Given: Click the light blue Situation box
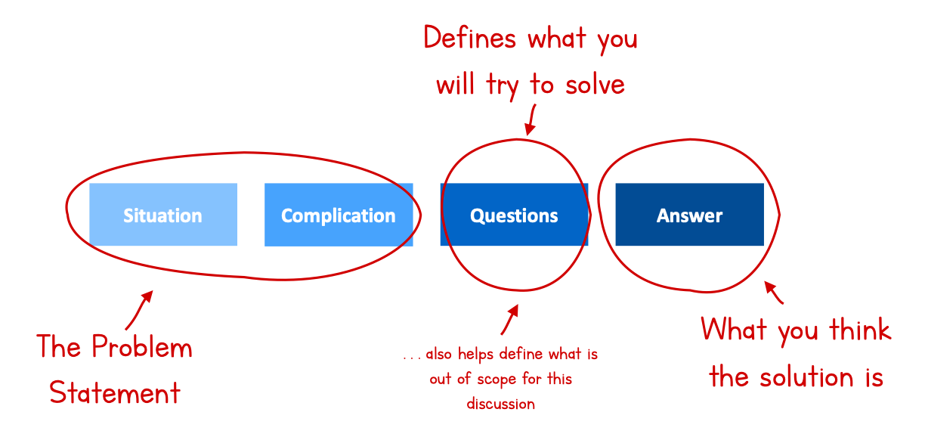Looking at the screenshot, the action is click(x=163, y=215).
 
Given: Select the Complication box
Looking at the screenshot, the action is click(x=339, y=215).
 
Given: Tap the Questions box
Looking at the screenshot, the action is click(x=514, y=215).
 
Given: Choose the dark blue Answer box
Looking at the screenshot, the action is click(x=690, y=215).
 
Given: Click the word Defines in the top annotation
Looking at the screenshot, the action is click(x=470, y=38).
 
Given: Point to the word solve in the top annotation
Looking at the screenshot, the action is click(x=595, y=85).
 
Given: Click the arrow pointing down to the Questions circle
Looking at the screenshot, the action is click(x=531, y=119).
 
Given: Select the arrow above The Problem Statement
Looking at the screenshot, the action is click(x=139, y=311).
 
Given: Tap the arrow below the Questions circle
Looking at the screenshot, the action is click(x=510, y=320).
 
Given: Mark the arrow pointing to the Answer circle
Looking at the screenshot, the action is click(x=773, y=292).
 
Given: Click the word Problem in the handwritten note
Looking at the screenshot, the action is click(x=141, y=346).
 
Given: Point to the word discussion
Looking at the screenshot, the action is click(x=500, y=404).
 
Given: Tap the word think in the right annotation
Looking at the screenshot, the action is click(x=860, y=330).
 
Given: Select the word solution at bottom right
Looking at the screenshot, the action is click(x=806, y=377).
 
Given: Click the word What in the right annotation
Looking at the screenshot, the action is click(x=734, y=329).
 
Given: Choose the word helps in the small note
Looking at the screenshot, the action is click(x=475, y=355).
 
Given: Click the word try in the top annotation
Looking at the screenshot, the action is click(x=502, y=86).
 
